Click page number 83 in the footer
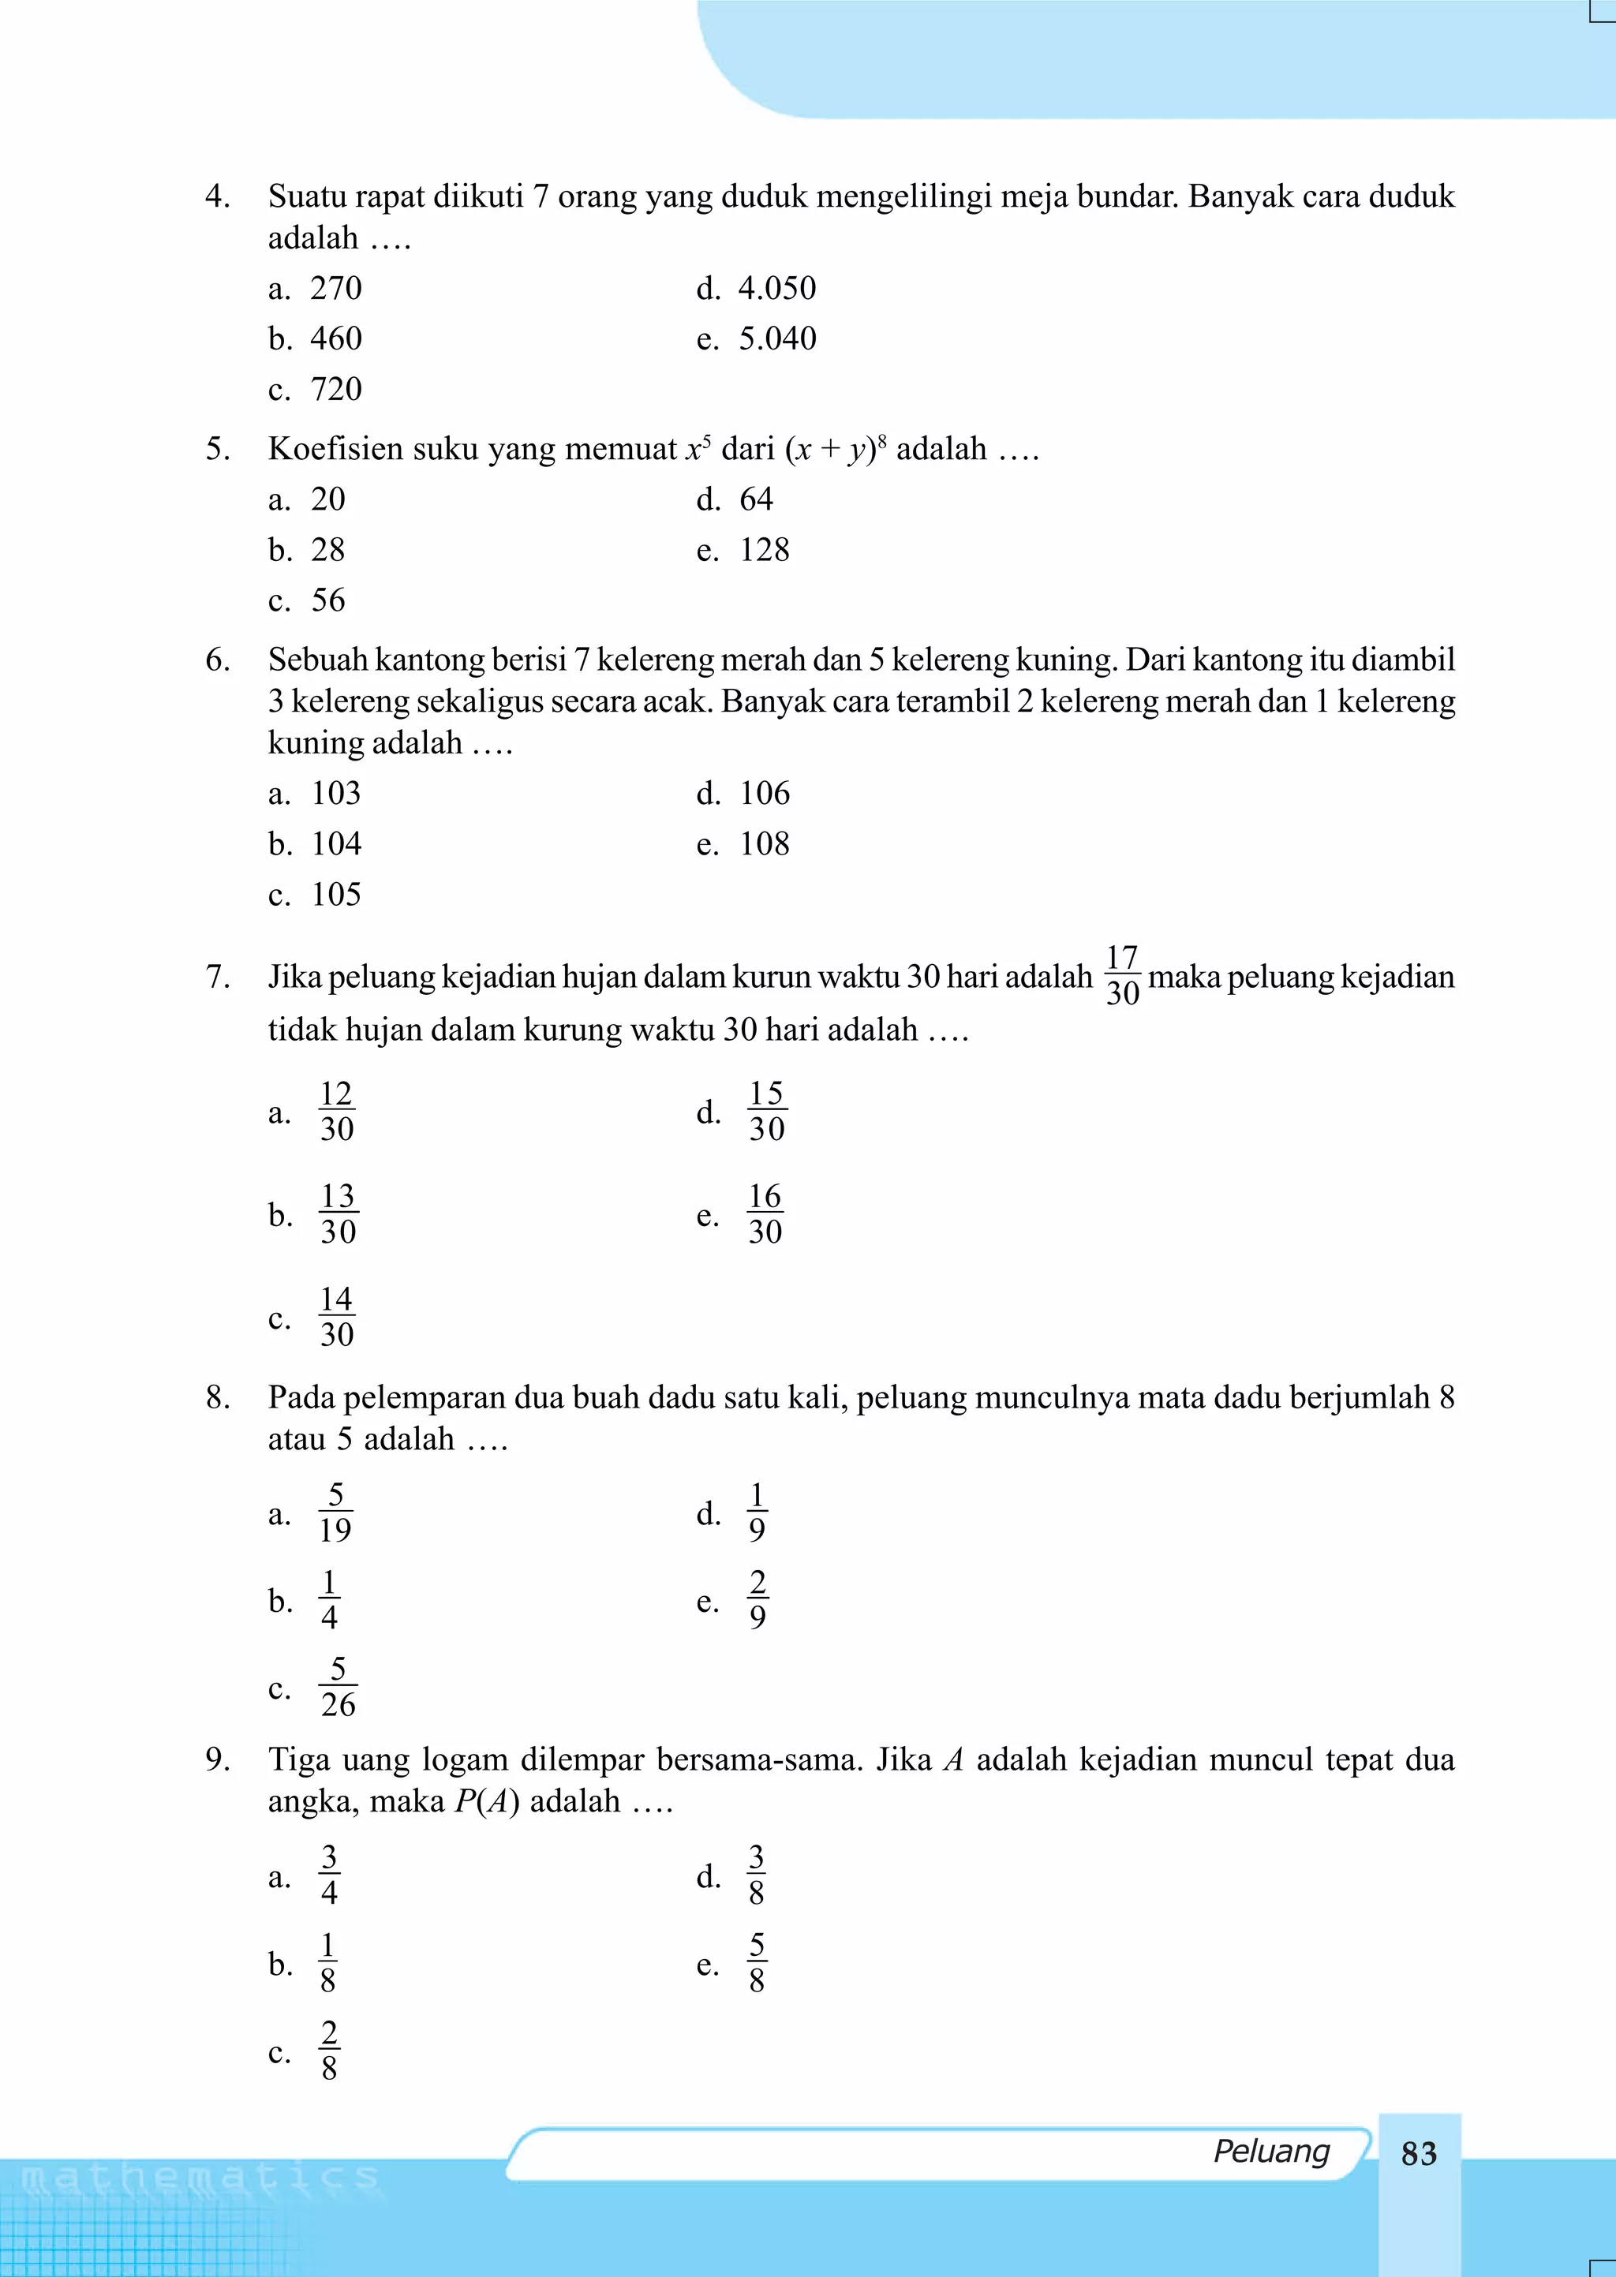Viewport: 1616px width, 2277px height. pos(1418,2152)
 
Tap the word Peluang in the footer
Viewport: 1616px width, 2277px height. pos(1270,2150)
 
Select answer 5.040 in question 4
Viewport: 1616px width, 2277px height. pos(776,338)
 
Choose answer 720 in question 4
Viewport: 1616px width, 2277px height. pos(335,389)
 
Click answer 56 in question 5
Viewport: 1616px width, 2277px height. pos(327,600)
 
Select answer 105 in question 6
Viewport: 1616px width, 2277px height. pos(335,894)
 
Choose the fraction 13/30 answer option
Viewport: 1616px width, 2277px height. pos(338,1213)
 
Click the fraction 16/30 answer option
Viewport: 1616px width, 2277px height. pos(765,1213)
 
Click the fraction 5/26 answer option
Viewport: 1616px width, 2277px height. pos(338,1687)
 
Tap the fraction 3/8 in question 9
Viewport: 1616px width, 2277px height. pos(756,1875)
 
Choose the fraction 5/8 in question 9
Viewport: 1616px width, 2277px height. pos(756,1963)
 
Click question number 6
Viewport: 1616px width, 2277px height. pos(217,660)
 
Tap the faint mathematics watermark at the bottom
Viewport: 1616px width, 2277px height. pos(199,2178)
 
